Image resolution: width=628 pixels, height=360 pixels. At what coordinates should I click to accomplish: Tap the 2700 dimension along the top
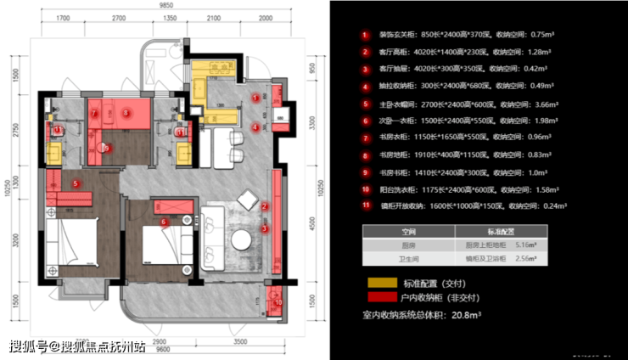118,17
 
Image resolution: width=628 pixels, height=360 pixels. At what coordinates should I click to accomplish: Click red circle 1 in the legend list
364,36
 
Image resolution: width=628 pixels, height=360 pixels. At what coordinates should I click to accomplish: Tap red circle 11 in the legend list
364,205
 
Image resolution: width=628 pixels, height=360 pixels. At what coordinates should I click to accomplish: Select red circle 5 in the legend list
364,104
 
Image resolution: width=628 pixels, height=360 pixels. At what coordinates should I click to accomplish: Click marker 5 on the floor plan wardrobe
76,183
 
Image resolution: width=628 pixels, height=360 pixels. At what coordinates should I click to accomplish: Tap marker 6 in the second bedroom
164,222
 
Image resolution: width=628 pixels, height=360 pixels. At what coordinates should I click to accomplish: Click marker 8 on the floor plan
127,111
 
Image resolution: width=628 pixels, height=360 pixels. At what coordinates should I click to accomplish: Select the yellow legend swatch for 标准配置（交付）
376,282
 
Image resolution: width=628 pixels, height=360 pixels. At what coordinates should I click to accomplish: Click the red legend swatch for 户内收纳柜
376,297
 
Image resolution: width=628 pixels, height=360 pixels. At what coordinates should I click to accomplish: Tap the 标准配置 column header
501,230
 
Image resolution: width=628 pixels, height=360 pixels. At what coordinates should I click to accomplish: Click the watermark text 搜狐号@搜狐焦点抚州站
77,346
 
